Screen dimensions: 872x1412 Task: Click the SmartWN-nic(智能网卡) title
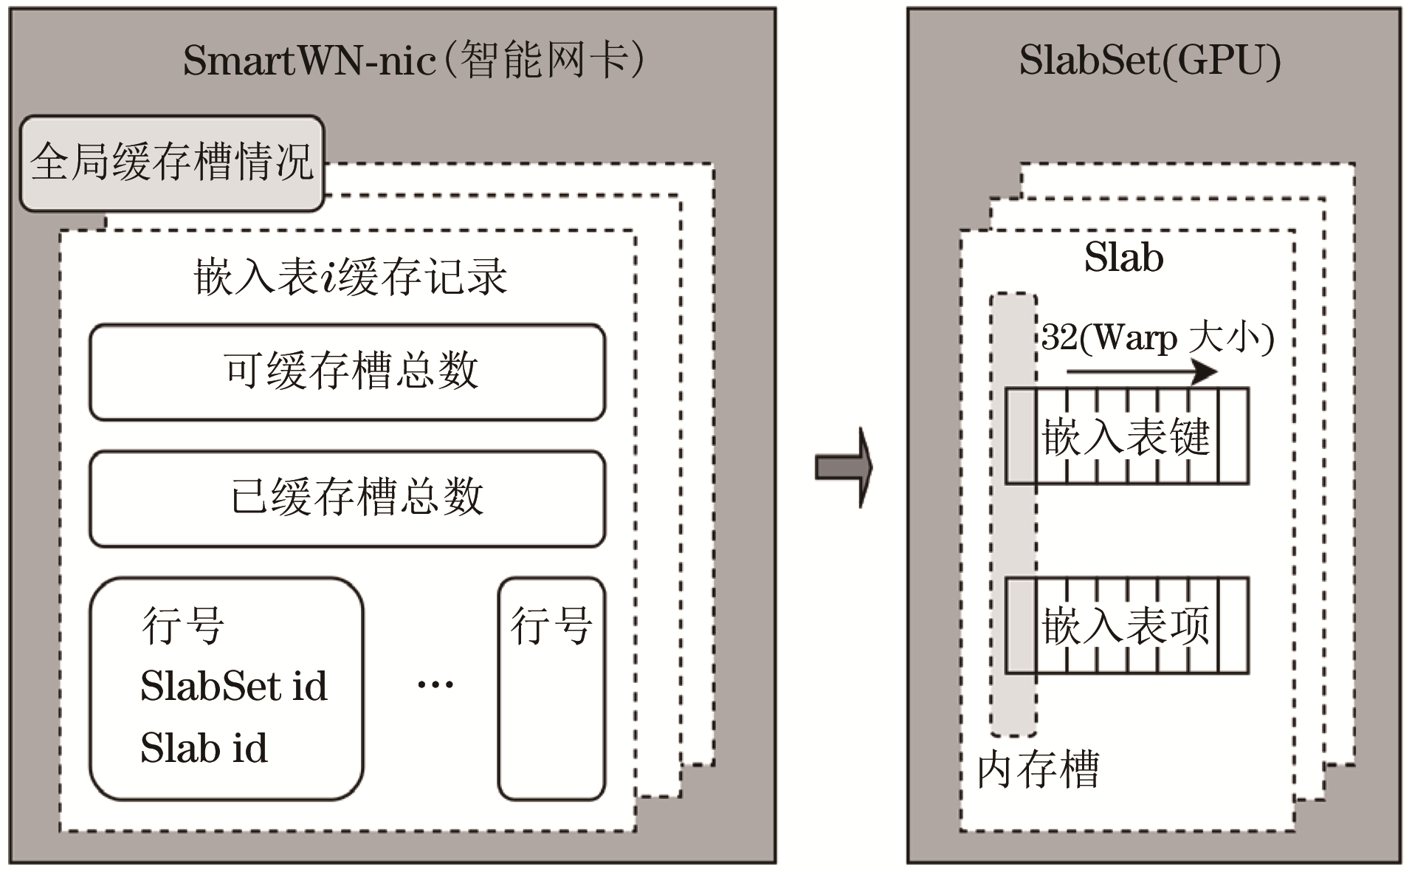click(413, 60)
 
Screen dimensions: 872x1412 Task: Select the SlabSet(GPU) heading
click(1149, 60)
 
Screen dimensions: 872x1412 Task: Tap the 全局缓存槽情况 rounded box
click(172, 162)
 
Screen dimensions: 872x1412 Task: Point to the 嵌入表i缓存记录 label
click(350, 277)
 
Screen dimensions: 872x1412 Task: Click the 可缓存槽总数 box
click(348, 371)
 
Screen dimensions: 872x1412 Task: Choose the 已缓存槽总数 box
click(348, 498)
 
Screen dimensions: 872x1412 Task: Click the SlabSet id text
click(233, 686)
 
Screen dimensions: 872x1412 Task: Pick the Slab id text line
click(204, 747)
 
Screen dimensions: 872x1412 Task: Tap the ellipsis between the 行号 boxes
click(435, 684)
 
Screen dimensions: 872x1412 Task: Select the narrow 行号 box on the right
click(551, 688)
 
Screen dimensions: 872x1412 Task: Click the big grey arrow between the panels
click(844, 467)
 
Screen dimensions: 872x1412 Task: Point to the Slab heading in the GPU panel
click(1123, 258)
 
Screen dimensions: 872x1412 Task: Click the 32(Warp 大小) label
click(1157, 338)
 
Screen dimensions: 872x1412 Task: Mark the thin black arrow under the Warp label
click(1140, 371)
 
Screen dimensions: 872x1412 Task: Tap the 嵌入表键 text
click(1126, 436)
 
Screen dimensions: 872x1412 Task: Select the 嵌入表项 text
click(1126, 625)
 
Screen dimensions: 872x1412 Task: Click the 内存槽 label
click(1038, 769)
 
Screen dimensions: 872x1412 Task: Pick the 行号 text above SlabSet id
click(183, 625)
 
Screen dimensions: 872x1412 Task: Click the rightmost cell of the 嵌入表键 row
click(1233, 436)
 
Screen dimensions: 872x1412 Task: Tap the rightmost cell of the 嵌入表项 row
click(1233, 625)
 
